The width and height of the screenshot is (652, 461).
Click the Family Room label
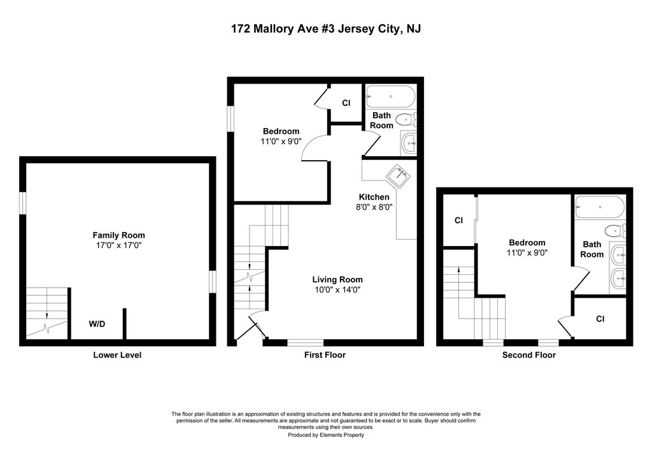[118, 235]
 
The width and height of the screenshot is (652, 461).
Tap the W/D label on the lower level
[97, 324]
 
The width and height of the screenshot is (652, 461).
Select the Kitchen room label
[374, 197]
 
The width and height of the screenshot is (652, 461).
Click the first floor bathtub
[390, 97]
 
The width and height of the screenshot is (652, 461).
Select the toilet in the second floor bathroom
[615, 230]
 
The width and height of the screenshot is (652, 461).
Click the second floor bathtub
[600, 207]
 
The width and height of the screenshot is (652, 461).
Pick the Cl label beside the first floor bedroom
[346, 103]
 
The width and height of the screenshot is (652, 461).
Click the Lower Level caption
[117, 355]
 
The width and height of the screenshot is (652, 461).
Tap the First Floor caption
[325, 355]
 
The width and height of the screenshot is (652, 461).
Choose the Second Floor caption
[529, 355]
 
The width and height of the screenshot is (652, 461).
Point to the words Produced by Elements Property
[326, 435]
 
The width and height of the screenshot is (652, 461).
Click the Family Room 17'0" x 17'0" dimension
[119, 245]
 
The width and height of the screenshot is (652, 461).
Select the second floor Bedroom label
[527, 243]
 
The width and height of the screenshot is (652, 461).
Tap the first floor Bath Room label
[382, 121]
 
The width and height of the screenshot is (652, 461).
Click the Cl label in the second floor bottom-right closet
[600, 319]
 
